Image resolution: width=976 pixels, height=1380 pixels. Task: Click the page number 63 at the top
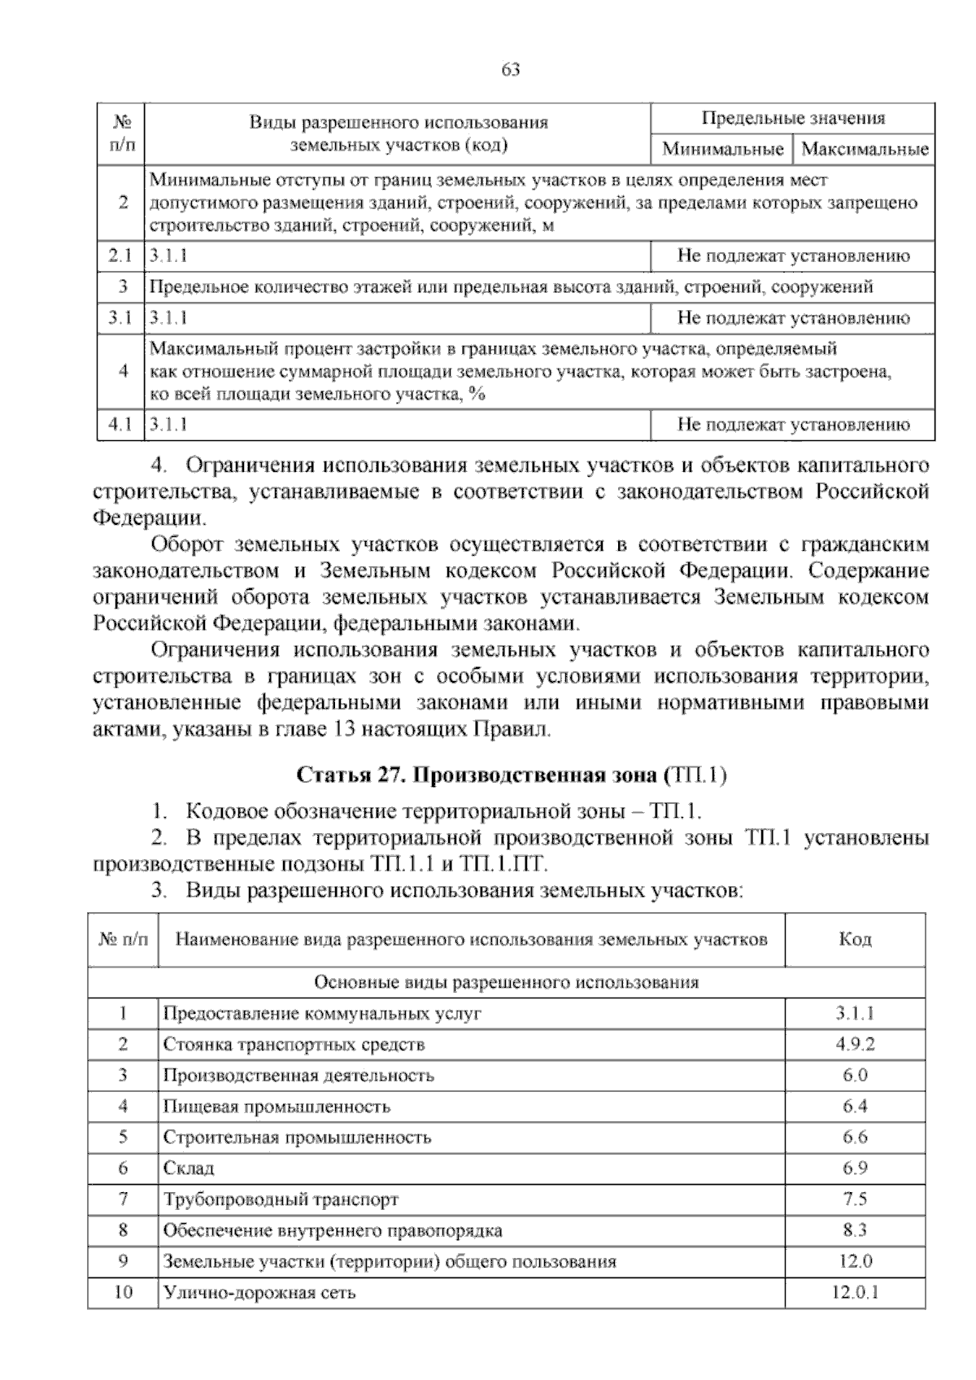[x=511, y=70]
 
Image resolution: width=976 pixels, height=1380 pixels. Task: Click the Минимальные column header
[x=722, y=150]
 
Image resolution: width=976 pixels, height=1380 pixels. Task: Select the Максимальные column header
[x=864, y=150]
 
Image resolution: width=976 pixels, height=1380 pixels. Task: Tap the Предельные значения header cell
[x=792, y=119]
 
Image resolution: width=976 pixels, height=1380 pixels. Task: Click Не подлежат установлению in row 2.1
[x=792, y=256]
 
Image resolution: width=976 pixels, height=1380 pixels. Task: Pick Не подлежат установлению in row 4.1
[x=792, y=424]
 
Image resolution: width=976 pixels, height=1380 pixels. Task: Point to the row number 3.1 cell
[x=120, y=318]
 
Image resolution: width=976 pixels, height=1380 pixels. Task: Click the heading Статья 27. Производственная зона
[x=512, y=775]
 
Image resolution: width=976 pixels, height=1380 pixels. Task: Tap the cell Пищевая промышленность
[x=277, y=1107]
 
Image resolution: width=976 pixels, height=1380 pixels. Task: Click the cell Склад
[x=189, y=1168]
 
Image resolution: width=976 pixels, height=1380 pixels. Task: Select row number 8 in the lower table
[x=123, y=1230]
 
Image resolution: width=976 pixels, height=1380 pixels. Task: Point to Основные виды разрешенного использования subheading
[x=506, y=982]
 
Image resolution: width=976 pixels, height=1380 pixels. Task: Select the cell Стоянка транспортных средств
[x=294, y=1044]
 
